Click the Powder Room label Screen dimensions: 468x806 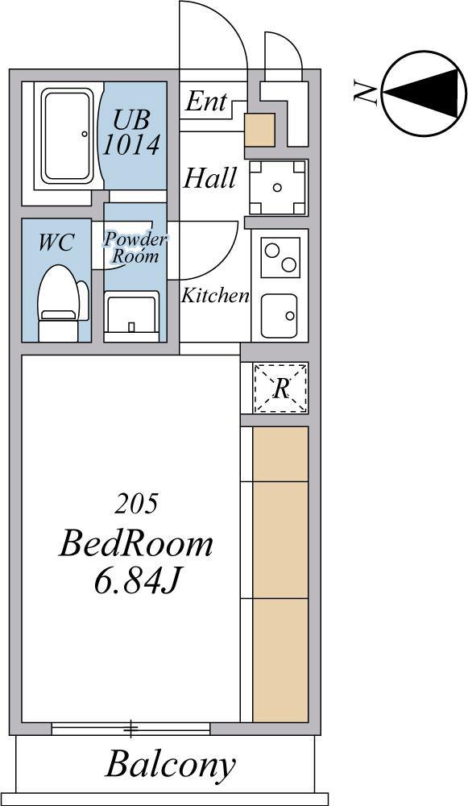135,247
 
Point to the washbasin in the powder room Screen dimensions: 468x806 131,312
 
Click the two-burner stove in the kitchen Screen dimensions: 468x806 280,257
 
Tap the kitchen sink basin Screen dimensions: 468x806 279,316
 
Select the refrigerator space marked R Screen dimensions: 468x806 280,388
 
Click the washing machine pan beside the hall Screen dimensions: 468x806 278,187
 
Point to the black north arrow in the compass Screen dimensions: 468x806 422,93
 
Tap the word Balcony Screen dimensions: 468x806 170,766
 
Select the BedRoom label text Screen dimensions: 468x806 135,545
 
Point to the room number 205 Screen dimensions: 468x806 136,505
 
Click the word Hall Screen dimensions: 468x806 210,178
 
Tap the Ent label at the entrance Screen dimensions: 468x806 205,102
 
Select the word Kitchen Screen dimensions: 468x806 215,296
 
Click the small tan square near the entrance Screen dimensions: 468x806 259,130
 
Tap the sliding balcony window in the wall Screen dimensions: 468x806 131,728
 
